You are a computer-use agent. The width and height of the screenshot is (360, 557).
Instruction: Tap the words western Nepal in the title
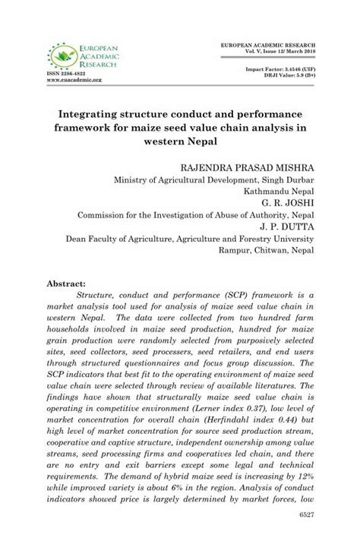click(x=180, y=141)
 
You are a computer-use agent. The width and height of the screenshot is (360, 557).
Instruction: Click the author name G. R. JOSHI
click(x=288, y=203)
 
